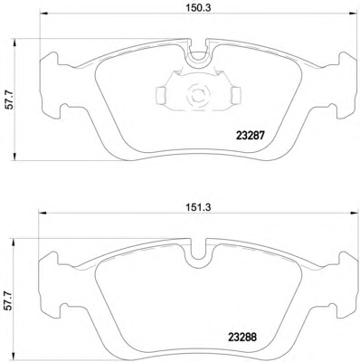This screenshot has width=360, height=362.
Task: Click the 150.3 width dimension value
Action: pos(198,8)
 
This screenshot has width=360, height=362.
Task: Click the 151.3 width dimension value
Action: pos(197,207)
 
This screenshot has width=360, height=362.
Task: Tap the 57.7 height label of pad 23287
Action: pos(10,100)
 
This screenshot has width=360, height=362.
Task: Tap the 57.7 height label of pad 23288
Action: pos(10,300)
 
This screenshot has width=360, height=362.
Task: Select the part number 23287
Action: pos(251,136)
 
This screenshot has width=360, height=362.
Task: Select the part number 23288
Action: pos(242,337)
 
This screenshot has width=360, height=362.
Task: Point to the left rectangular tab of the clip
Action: pos(161,95)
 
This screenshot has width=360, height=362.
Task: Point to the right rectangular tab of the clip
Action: pos(236,95)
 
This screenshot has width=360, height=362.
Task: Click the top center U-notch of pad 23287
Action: pos(198,56)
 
